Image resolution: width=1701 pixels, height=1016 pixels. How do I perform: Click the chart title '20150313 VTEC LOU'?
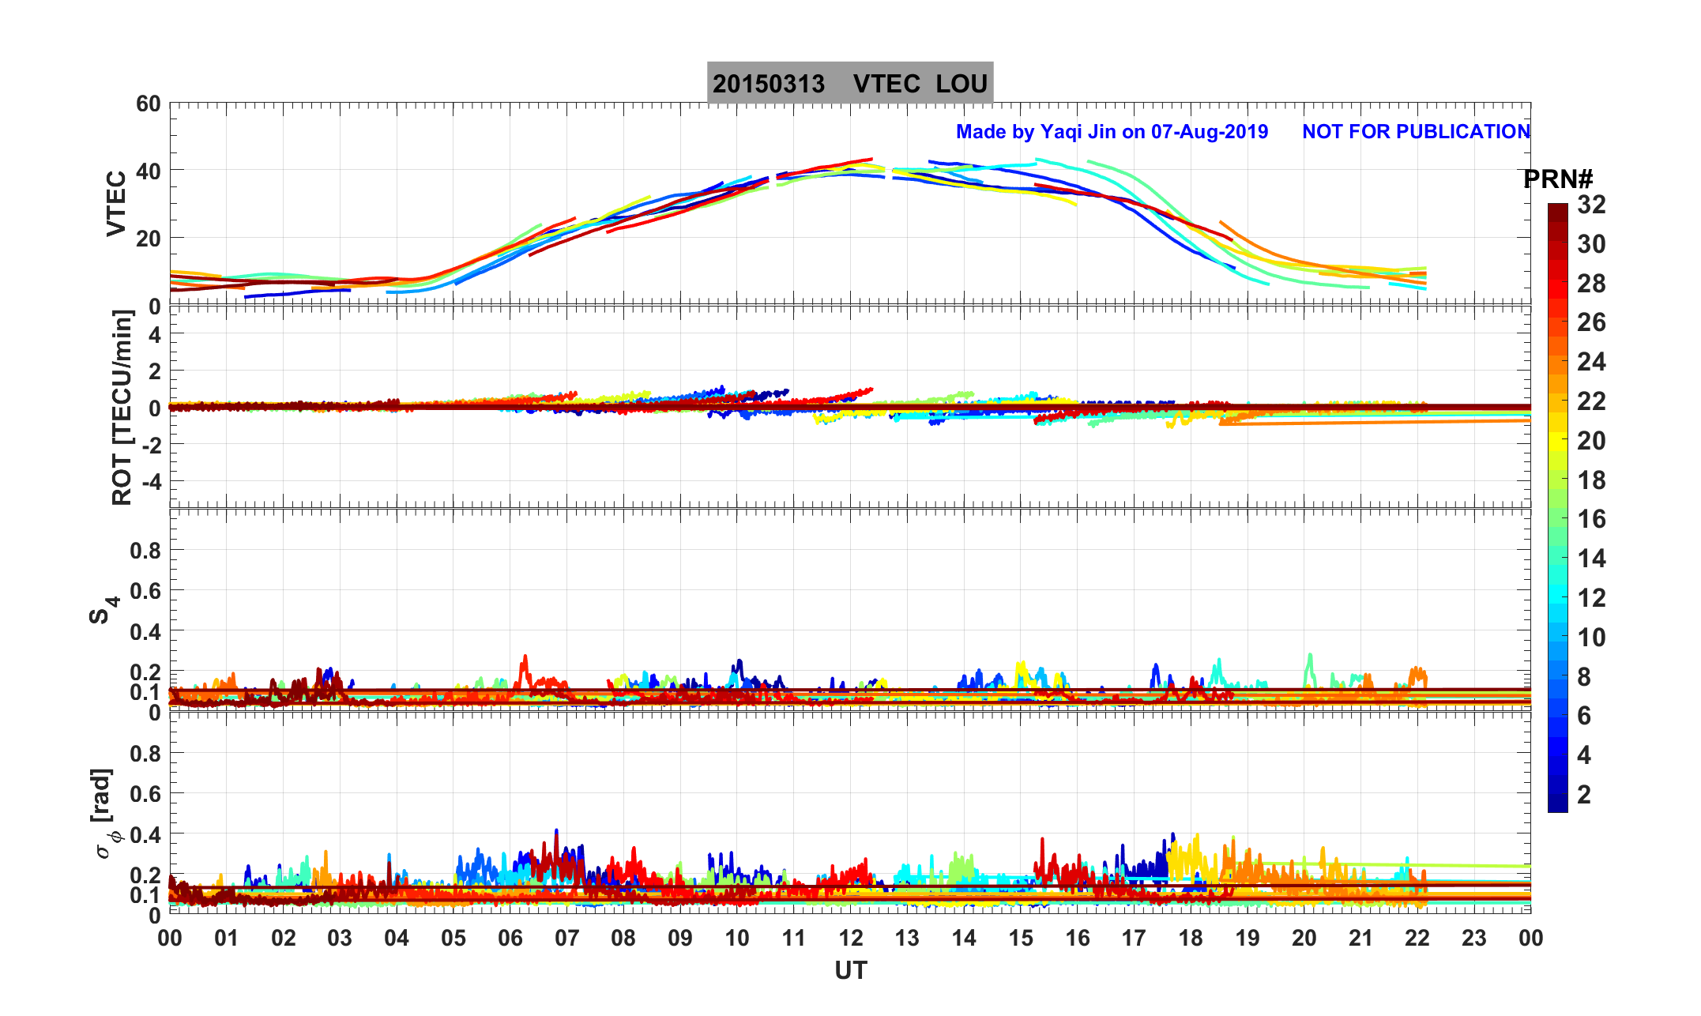point(849,84)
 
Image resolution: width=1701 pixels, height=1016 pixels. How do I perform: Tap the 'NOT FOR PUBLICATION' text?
point(1416,132)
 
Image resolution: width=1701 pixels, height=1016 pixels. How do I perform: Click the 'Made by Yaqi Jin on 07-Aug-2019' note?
point(1112,132)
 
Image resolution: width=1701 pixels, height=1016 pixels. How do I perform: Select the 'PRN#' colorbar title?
point(1557,180)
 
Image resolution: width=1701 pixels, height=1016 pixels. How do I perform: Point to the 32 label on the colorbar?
point(1591,205)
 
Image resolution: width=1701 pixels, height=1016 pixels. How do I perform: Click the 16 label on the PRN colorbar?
point(1591,519)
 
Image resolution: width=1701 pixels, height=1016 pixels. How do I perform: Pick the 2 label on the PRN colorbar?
point(1584,795)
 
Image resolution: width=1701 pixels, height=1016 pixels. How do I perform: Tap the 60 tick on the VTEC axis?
point(148,104)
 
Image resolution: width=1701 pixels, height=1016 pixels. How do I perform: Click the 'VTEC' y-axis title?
point(116,204)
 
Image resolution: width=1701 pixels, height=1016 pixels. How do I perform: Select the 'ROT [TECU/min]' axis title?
point(122,408)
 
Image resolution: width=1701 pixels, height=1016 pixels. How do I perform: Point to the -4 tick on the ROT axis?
point(148,481)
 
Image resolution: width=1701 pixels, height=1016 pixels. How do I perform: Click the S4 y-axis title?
point(103,610)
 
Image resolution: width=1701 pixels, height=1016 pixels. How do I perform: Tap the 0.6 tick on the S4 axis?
point(145,590)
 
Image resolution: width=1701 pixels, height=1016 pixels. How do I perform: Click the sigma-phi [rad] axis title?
point(104,814)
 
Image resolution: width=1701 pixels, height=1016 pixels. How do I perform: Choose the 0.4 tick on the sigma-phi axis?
point(145,834)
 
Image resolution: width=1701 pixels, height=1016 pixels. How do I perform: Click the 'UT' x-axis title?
point(850,970)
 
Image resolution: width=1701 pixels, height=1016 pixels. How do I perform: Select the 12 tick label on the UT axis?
point(850,939)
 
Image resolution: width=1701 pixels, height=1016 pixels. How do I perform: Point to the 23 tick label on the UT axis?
point(1473,939)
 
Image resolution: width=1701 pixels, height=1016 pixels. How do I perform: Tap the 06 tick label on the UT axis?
point(510,939)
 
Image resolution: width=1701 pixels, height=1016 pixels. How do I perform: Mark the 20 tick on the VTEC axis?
point(148,239)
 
